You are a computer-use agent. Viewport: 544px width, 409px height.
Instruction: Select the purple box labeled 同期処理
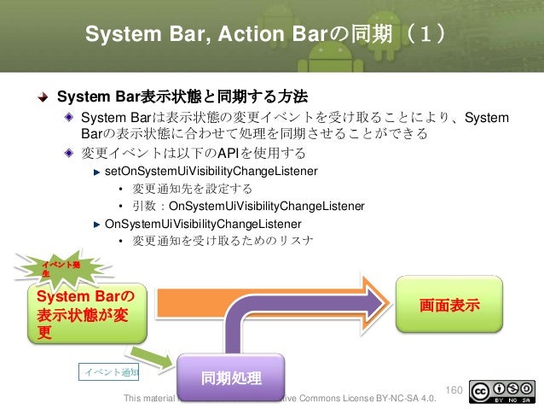(230, 377)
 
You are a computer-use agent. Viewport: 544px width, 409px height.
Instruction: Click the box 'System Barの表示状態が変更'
(86, 313)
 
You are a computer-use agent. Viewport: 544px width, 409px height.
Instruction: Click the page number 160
(454, 390)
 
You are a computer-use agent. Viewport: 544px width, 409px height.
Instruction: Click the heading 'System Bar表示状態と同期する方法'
(182, 95)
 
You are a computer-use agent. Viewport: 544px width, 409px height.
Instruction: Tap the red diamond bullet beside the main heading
(42, 95)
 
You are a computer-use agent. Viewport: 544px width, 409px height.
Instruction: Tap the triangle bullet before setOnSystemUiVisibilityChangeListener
(97, 172)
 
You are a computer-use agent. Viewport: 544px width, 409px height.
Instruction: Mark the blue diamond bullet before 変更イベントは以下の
(69, 154)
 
